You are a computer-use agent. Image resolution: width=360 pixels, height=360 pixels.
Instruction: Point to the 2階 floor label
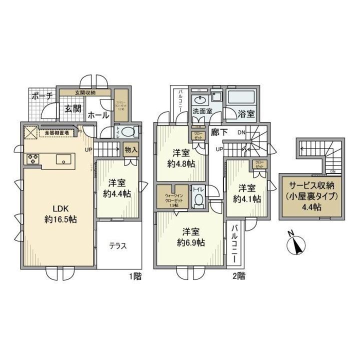238,274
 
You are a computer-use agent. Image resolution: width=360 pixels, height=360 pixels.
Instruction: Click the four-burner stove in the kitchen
33,159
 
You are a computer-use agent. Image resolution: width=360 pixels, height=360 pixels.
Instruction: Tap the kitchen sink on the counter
63,160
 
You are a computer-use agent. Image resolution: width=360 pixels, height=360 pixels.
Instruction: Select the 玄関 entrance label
72,109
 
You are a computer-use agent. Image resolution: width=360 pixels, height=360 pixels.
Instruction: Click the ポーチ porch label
42,97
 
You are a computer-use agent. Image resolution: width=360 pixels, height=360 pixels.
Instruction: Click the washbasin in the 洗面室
201,98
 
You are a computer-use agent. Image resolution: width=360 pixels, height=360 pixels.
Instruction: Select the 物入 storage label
131,149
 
